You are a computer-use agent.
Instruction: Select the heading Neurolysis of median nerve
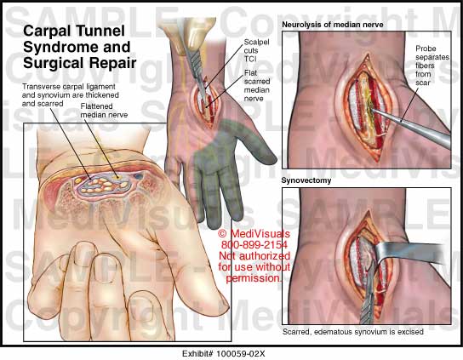(333, 25)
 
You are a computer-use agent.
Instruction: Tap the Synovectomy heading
(306, 180)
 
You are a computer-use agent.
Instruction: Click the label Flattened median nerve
(104, 111)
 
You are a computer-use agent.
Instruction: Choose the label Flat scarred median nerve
(257, 86)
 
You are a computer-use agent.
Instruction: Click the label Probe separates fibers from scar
(432, 66)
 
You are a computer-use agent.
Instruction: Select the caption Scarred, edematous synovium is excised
(353, 332)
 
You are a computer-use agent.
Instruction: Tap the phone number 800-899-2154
(254, 245)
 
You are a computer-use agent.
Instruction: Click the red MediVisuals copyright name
(260, 234)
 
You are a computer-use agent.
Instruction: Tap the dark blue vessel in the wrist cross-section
(138, 177)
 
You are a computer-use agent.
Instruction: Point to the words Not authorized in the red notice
(254, 256)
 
